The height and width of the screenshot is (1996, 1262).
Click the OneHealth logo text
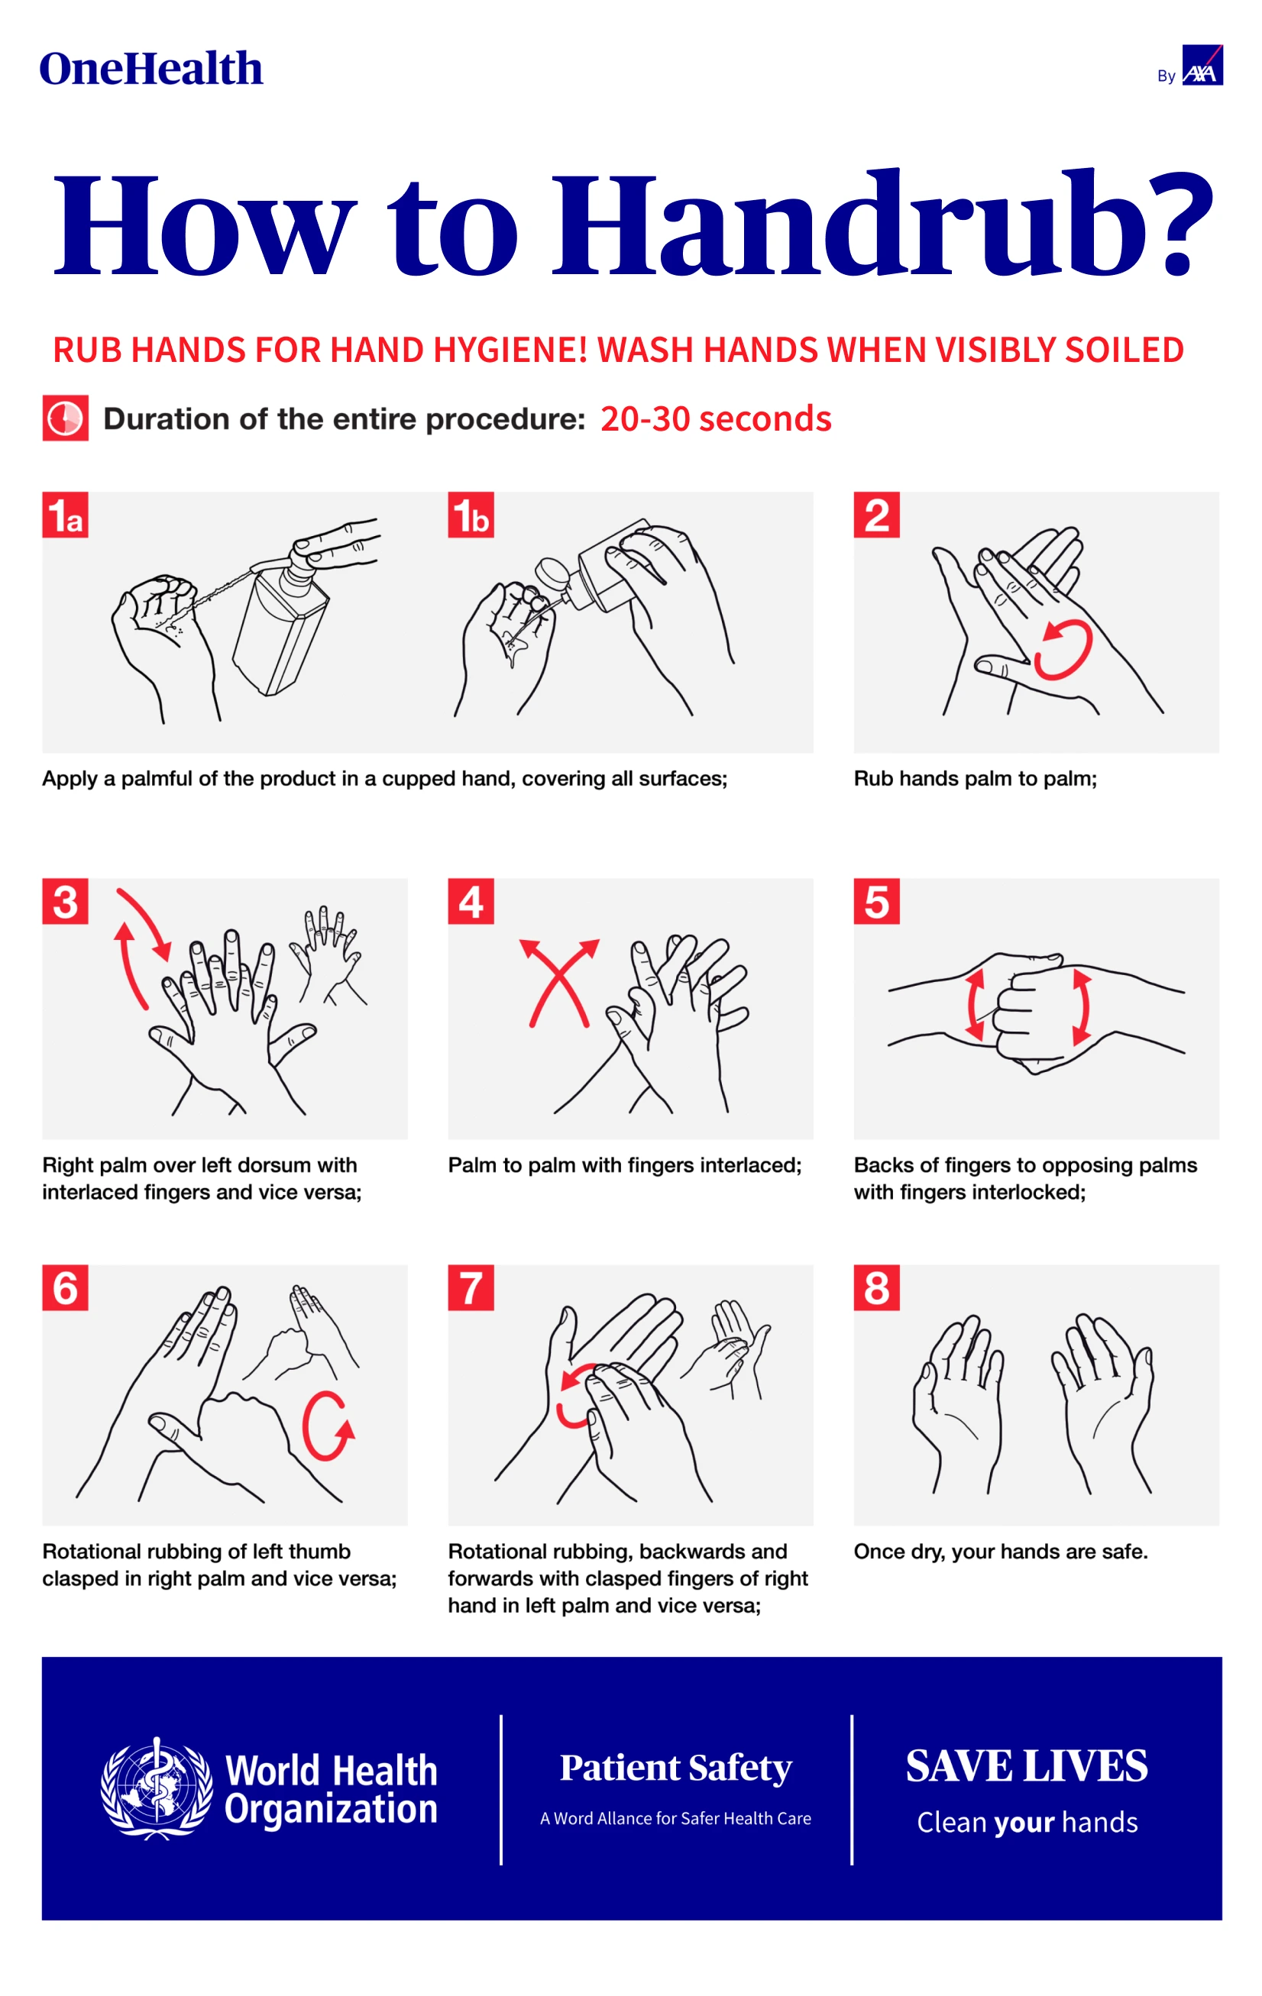coord(151,69)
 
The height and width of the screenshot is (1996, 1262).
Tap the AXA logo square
coord(1202,65)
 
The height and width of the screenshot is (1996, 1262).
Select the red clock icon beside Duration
coord(66,418)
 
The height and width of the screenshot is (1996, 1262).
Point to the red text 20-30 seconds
coord(716,418)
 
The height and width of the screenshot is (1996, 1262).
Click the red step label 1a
coord(65,515)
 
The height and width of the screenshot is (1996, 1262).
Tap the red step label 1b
coord(471,515)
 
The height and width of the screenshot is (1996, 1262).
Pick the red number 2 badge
coord(876,515)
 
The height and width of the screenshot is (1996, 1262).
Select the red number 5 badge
coord(876,901)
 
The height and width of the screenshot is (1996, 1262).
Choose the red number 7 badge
coord(471,1287)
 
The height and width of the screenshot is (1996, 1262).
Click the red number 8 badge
coord(876,1287)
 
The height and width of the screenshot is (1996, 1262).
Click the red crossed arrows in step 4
coord(560,983)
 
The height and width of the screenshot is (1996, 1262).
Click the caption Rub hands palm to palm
coord(975,778)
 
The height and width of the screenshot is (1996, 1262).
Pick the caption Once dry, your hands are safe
coord(1001,1552)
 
